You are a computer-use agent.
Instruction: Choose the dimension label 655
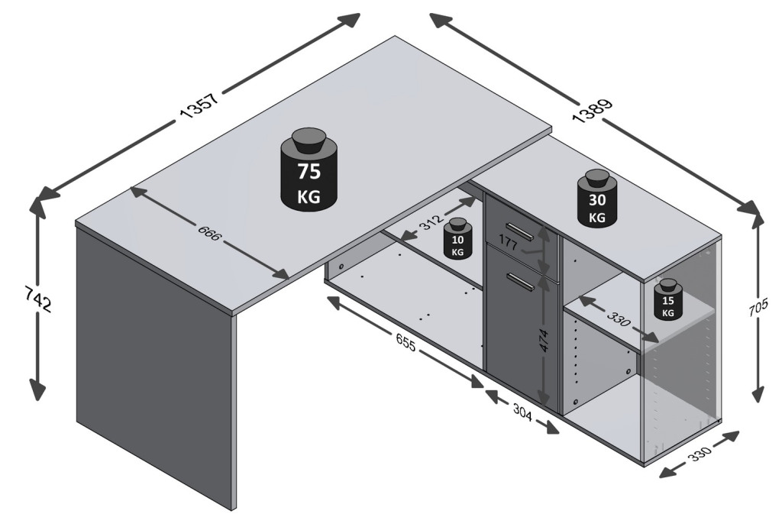(x=406, y=344)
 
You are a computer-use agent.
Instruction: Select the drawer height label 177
(x=508, y=244)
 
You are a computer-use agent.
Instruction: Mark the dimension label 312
(x=431, y=222)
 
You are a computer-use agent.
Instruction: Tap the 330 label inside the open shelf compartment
(x=618, y=319)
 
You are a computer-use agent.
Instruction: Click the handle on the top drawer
(x=520, y=231)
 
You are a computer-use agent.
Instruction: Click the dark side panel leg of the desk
(x=153, y=367)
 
